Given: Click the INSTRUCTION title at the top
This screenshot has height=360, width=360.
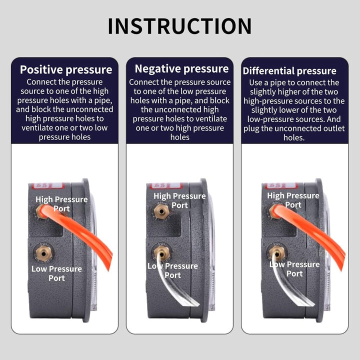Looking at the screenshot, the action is pos(180,26).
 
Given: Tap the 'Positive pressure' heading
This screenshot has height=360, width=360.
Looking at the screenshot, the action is pos(66,70).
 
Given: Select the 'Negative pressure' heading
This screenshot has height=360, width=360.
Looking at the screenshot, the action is pos(181,69).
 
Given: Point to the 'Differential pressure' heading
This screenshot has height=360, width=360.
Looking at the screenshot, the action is pos(289,71).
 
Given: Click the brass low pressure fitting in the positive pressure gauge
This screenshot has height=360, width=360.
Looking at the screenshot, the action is pos(43,253).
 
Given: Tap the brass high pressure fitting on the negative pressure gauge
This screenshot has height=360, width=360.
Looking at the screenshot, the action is pos(161,211).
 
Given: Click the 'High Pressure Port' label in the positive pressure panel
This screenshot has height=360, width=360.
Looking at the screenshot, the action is pos(61,204).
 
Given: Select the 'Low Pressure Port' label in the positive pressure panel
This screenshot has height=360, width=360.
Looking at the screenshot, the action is pos(56,273).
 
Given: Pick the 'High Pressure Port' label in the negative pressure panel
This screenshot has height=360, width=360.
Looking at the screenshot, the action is pos(179,200).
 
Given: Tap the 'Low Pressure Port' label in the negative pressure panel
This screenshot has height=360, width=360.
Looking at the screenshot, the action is pos(172,270).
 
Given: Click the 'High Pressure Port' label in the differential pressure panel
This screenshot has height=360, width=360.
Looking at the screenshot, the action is pos(293,200).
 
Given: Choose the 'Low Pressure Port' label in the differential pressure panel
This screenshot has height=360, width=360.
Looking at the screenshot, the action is pos(294,269).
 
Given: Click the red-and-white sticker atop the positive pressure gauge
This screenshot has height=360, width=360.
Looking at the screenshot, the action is pos(48,185).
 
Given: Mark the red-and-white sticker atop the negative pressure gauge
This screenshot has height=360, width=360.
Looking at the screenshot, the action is pos(166,185).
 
